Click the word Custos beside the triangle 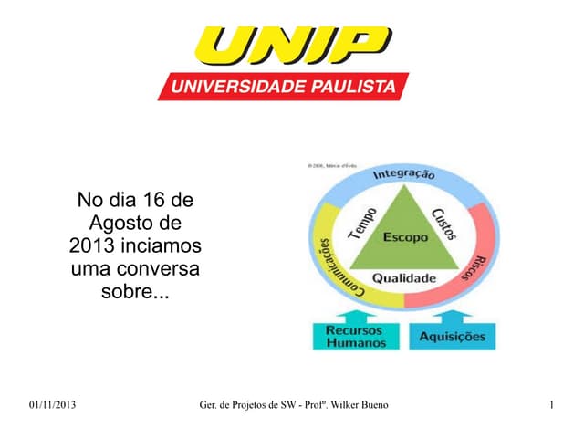tap(443, 219)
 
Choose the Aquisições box tap(453, 337)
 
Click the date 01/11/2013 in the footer tap(53, 405)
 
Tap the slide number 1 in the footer tap(553, 405)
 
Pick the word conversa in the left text tap(165, 270)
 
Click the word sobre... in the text tap(134, 294)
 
